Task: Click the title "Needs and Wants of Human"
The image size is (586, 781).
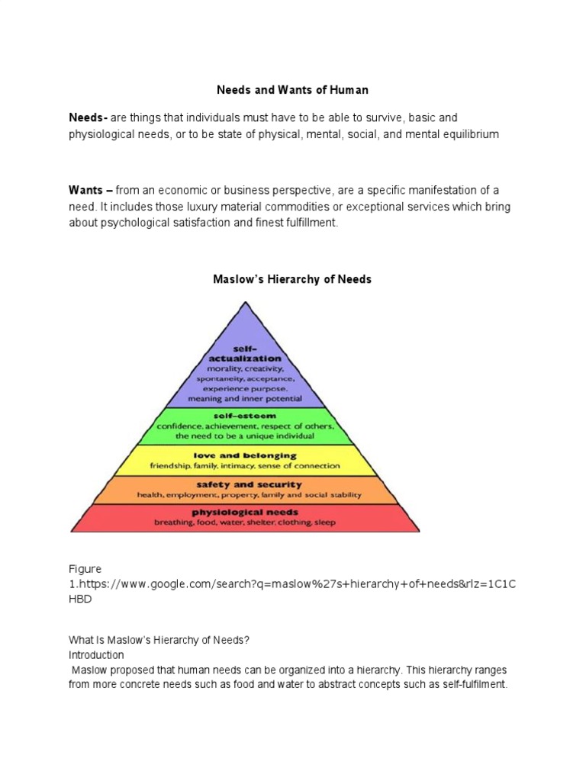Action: [x=292, y=90]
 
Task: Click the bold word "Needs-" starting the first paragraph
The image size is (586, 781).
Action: [x=89, y=117]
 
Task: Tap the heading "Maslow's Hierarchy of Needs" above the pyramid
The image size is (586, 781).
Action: [x=292, y=279]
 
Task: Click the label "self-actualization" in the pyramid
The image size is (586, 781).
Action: [x=245, y=352]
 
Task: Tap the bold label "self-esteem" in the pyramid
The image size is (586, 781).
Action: [x=245, y=416]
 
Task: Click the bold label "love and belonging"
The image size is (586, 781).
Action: [x=245, y=455]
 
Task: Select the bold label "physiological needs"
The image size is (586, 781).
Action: [x=245, y=512]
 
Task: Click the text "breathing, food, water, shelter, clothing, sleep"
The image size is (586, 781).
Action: [x=245, y=523]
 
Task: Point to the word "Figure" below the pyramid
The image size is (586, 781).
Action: [x=85, y=569]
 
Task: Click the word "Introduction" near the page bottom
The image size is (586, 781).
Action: [x=96, y=655]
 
